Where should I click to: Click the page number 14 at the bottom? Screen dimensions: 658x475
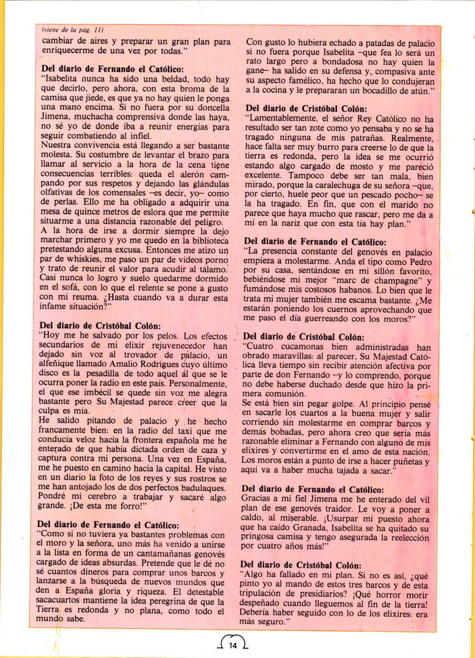233,645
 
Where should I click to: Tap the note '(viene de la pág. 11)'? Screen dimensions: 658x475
72,30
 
